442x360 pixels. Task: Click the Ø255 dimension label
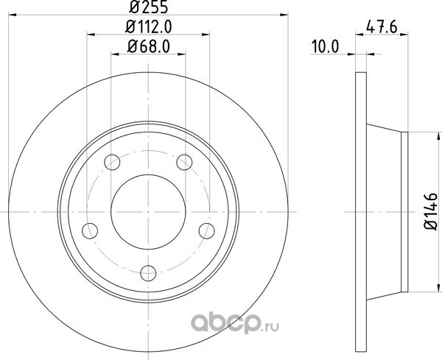[149, 7]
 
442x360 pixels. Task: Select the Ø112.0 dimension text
[149, 27]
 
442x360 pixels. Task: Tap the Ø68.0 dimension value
[149, 46]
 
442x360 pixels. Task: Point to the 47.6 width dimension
[382, 27]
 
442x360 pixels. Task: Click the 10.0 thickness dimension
[324, 46]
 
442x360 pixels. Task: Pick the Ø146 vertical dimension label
[431, 211]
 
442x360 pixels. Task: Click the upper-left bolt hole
[112, 162]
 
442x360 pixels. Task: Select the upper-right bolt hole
[184, 162]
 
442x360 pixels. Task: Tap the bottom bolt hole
[148, 273]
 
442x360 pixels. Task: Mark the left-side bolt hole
[90, 230]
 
